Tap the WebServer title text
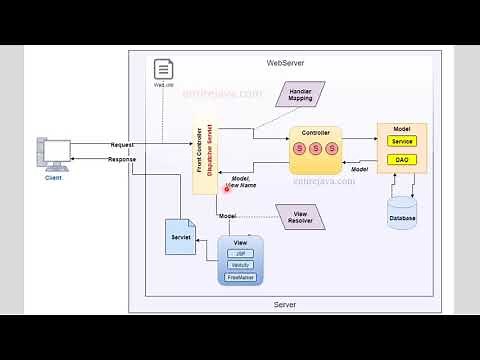tap(285, 63)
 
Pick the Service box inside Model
tap(402, 142)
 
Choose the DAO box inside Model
tap(402, 160)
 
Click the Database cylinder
tap(402, 212)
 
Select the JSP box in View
tap(240, 254)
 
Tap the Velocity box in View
tap(240, 265)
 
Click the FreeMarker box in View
tap(240, 277)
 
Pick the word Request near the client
tap(123, 145)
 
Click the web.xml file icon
tap(163, 70)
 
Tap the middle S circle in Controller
tap(314, 149)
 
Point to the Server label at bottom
tap(285, 304)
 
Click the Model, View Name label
tap(240, 181)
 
